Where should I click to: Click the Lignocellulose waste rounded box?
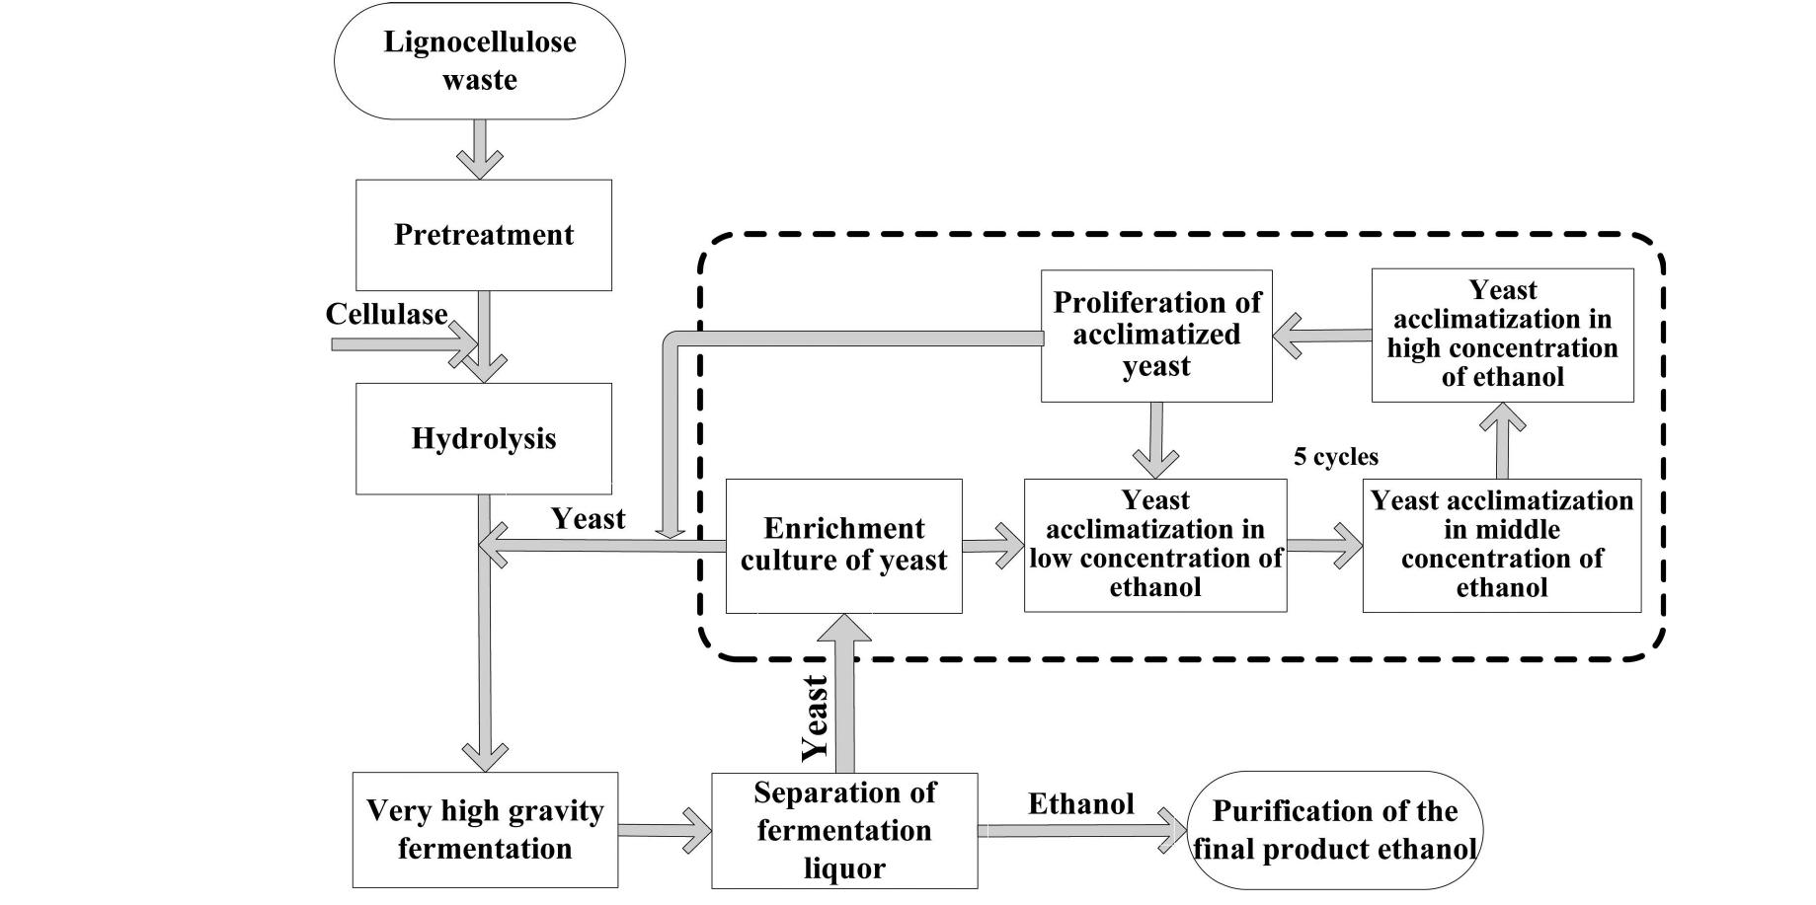(479, 61)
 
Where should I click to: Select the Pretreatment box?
(484, 235)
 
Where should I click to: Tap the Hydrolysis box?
(484, 438)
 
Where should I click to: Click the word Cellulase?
(386, 315)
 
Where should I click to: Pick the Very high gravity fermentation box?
(485, 830)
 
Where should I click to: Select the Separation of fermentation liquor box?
(844, 831)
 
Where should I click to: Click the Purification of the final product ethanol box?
(1334, 831)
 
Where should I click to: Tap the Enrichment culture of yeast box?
(843, 546)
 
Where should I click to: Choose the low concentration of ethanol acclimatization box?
(1154, 545)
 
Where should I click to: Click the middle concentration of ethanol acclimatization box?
(1501, 545)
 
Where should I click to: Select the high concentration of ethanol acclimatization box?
(1502, 335)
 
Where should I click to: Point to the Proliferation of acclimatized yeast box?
(1156, 336)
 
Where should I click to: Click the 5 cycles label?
(1335, 457)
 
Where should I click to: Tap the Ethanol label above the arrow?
(1080, 804)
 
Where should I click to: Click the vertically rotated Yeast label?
(814, 717)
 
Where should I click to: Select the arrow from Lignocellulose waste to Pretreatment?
(480, 149)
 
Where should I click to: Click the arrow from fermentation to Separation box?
(665, 831)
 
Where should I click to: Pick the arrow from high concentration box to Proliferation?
(1321, 337)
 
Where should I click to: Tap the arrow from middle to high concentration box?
(1502, 440)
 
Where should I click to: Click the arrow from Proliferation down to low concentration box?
(1155, 440)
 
